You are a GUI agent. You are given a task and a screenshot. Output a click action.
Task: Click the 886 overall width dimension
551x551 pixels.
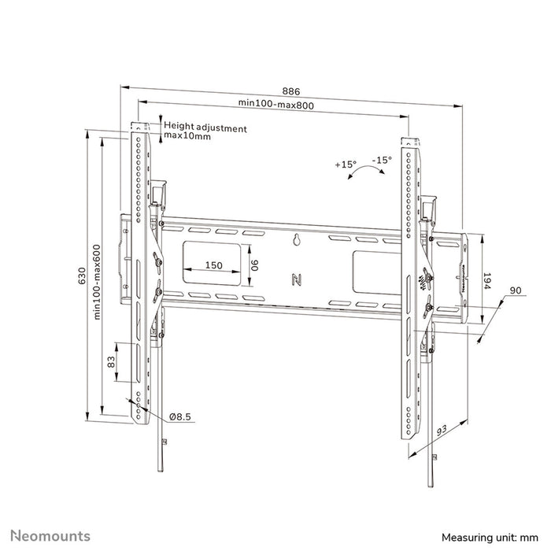[x=290, y=91]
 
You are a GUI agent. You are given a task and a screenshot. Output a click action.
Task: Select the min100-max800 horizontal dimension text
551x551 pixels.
[x=274, y=104]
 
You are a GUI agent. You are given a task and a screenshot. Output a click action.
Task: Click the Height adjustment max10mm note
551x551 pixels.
[x=205, y=131]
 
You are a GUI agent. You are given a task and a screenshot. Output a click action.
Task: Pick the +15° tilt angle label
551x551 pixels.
[x=345, y=165]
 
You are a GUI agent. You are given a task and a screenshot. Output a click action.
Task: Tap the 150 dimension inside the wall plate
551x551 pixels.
[x=213, y=265]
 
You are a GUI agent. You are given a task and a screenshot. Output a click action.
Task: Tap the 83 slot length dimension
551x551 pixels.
[x=111, y=361]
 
